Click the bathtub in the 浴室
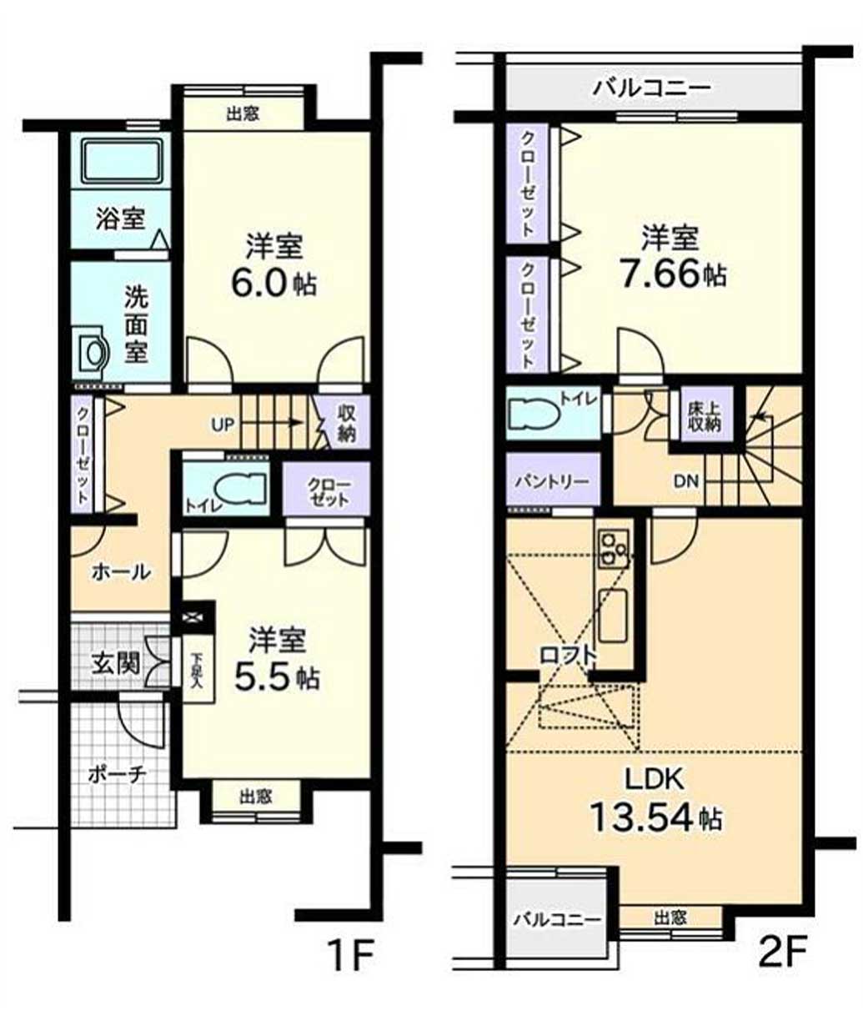tap(123, 160)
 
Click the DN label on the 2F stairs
tap(685, 481)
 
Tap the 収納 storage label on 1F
tap(347, 423)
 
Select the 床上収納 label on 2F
tap(705, 417)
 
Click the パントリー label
tap(552, 481)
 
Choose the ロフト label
tap(569, 656)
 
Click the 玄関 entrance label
tap(117, 664)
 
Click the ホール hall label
tap(121, 572)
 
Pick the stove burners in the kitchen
tap(614, 548)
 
